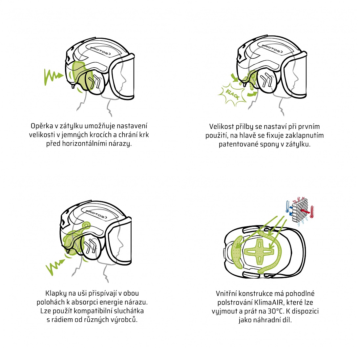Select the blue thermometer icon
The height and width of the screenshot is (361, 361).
point(287,207)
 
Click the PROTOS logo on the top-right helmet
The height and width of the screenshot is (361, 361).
point(272,49)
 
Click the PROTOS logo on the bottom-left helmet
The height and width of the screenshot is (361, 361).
point(96,214)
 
